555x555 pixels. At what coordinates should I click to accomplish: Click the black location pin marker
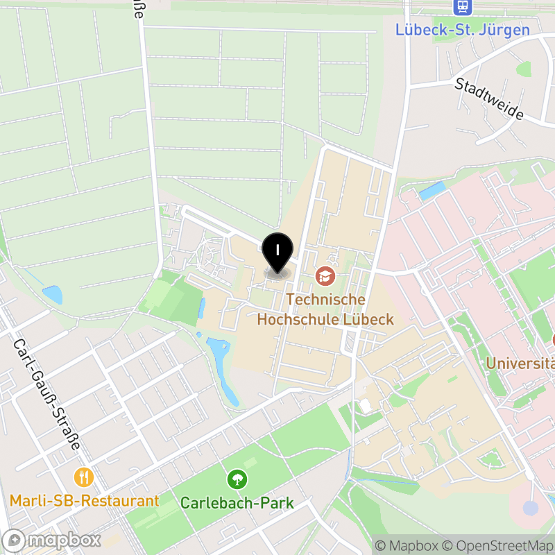(278, 253)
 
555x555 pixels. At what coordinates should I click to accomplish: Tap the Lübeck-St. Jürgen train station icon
(462, 8)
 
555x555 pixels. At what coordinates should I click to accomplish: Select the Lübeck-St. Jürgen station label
(462, 30)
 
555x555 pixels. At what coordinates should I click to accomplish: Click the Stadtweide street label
(489, 98)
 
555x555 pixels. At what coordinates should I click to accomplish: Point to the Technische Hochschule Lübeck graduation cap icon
(325, 277)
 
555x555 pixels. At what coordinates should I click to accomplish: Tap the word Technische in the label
(325, 300)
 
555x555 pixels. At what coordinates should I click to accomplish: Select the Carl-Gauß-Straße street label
(47, 394)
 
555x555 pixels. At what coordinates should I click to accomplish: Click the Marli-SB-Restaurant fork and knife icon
(85, 477)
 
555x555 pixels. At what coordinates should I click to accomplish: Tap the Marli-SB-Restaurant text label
(85, 500)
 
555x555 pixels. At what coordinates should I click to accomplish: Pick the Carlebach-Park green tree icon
(237, 479)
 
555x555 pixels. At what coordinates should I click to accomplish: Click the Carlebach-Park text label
(237, 503)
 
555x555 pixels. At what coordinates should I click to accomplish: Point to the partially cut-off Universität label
(520, 363)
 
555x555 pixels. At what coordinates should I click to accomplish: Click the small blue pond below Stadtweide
(432, 189)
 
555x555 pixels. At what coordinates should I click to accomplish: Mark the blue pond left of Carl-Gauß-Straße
(52, 295)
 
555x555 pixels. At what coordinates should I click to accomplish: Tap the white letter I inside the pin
(278, 249)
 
